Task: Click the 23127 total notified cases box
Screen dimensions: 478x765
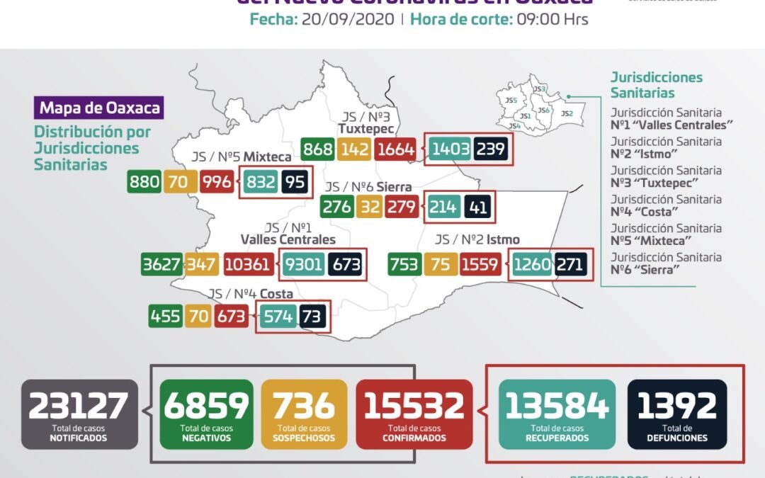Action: point(79,414)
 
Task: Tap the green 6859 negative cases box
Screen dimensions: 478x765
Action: point(206,414)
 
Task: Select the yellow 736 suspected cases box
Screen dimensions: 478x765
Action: point(304,414)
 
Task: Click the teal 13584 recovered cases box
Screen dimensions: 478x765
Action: point(557,414)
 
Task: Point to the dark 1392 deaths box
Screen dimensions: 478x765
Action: point(677,414)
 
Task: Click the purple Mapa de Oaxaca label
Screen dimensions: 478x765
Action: point(99,108)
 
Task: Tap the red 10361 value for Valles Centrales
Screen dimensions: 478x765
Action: point(247,266)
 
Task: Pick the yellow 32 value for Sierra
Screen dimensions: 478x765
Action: point(370,207)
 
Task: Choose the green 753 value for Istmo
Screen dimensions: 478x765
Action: point(404,266)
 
